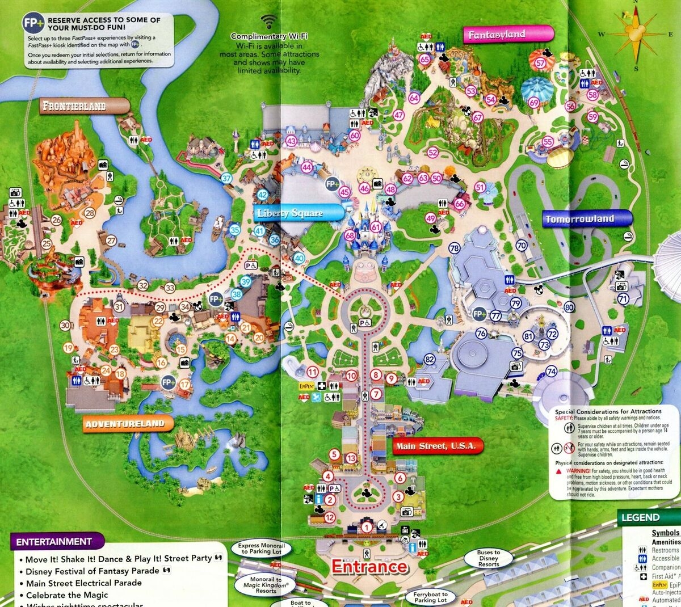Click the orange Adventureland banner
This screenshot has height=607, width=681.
(x=125, y=424)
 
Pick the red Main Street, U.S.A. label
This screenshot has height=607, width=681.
(x=436, y=446)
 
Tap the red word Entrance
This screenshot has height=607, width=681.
(x=369, y=566)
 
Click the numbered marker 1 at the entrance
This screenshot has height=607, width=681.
(x=367, y=528)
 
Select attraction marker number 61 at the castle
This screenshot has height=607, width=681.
(x=375, y=227)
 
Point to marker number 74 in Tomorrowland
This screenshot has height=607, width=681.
(x=551, y=372)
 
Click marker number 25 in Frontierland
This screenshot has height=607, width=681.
(x=47, y=244)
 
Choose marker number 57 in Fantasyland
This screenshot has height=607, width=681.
(x=541, y=64)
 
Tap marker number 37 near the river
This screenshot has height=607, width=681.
(x=227, y=178)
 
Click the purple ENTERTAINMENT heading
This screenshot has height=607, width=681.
(x=54, y=541)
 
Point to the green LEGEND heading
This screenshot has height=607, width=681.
(x=640, y=517)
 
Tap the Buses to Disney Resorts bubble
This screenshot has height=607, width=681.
(x=488, y=558)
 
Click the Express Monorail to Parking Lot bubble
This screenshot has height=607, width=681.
(x=260, y=549)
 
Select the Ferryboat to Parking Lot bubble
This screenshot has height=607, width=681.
(x=430, y=597)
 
